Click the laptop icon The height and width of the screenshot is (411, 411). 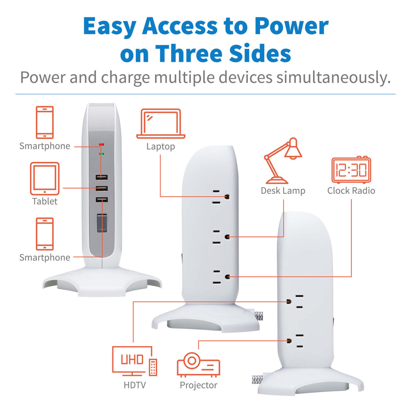[160, 124]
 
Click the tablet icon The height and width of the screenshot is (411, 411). [45, 178]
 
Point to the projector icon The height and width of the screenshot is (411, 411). [198, 365]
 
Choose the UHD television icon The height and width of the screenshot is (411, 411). [135, 361]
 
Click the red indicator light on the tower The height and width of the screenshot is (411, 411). [101, 145]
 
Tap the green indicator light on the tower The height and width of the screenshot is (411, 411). [101, 153]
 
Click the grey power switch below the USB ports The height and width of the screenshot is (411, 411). [102, 223]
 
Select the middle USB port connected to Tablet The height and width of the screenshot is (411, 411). [101, 188]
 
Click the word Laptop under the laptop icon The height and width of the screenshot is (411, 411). [161, 147]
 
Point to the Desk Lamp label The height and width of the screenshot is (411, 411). [283, 191]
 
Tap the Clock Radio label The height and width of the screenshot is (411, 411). [351, 191]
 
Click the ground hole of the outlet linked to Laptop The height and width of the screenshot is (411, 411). [227, 197]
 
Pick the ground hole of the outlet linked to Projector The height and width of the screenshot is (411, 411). [289, 341]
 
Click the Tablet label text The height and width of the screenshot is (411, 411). [45, 201]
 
